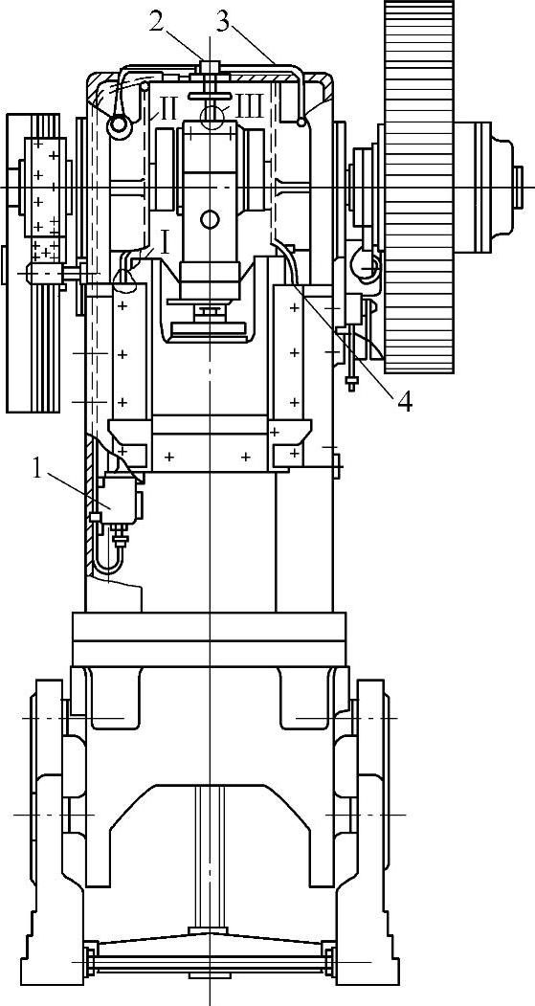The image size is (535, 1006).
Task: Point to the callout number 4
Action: pos(405,399)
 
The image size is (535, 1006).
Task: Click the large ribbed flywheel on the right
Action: pos(420,186)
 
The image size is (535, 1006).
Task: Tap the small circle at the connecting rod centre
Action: pos(210,220)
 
